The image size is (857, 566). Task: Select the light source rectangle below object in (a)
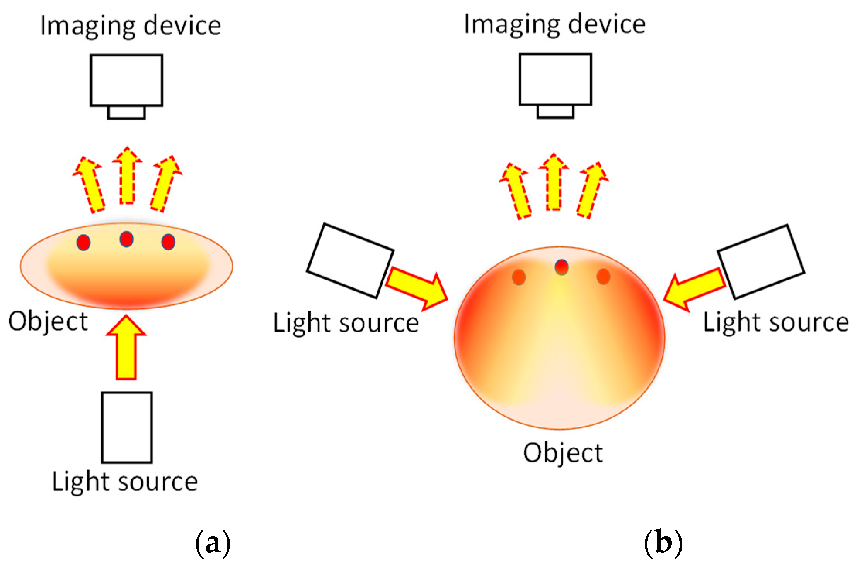[127, 427]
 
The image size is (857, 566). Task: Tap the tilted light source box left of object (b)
[350, 261]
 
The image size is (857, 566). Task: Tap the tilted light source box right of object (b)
[761, 262]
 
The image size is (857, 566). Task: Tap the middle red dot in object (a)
[126, 239]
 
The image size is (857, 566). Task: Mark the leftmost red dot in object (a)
[83, 243]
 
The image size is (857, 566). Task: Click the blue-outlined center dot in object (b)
[561, 267]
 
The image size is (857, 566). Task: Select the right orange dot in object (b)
[603, 277]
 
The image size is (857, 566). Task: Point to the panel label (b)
[663, 543]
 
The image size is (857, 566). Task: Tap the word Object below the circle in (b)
[563, 453]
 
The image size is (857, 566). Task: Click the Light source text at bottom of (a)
[125, 482]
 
